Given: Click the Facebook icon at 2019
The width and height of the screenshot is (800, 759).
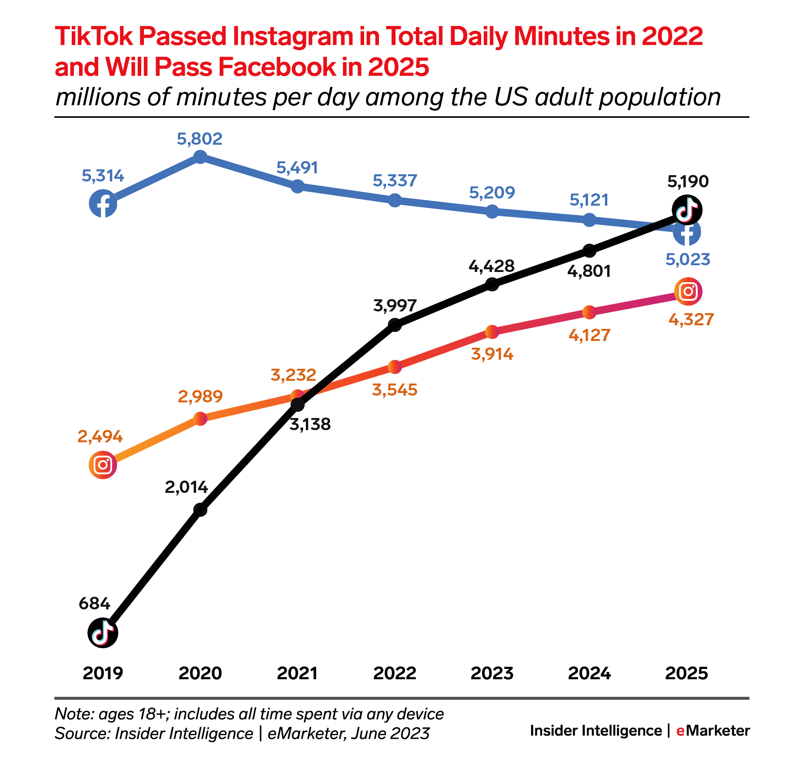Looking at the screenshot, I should pyautogui.click(x=103, y=203).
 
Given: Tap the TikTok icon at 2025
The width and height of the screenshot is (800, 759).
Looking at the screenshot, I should pyautogui.click(x=687, y=210).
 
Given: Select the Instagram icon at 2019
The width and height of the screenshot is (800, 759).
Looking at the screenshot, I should pyautogui.click(x=103, y=465).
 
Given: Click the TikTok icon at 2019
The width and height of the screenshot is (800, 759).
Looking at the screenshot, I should pyautogui.click(x=103, y=633).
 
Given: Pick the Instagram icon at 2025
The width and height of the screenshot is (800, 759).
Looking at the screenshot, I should pyautogui.click(x=688, y=292).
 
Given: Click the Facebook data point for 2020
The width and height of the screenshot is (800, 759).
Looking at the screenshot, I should pyautogui.click(x=200, y=157).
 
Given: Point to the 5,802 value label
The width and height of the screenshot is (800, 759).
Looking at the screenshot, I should pyautogui.click(x=200, y=139).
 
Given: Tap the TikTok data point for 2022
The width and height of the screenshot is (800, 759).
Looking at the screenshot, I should pyautogui.click(x=395, y=324).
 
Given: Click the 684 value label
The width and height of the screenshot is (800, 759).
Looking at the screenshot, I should pyautogui.click(x=94, y=604).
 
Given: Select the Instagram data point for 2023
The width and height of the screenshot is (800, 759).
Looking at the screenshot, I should pyautogui.click(x=492, y=332).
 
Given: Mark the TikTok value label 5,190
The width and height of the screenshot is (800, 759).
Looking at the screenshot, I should pyautogui.click(x=688, y=181).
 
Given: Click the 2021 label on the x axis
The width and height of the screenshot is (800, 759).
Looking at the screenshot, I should pyautogui.click(x=297, y=673).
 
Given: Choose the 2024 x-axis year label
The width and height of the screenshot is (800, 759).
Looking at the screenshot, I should pyautogui.click(x=589, y=673).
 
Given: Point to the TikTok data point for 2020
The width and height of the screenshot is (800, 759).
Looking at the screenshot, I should pyautogui.click(x=200, y=509).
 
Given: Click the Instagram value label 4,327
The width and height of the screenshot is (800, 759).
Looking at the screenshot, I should pyautogui.click(x=691, y=319).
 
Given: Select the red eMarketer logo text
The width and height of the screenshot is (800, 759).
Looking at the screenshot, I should pyautogui.click(x=713, y=730).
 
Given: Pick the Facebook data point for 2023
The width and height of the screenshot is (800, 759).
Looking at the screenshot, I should pyautogui.click(x=492, y=211).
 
